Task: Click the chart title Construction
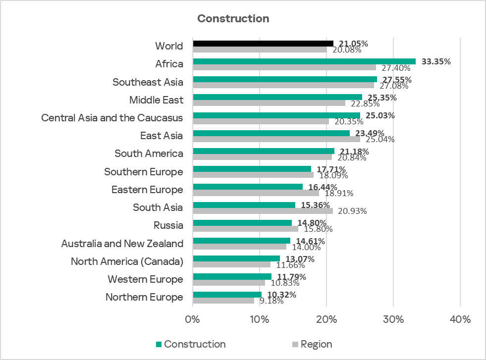tap(233, 19)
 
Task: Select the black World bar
tap(263, 44)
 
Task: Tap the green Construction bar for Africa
tap(304, 61)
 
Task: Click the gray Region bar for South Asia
tap(263, 211)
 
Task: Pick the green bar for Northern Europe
tap(227, 295)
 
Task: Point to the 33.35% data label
tap(436, 62)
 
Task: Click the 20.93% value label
tap(352, 211)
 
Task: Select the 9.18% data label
tap(271, 301)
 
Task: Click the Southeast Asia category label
tap(148, 82)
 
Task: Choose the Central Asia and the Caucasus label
tap(112, 118)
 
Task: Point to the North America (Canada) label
tap(127, 261)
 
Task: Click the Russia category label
tap(168, 225)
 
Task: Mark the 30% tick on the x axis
tap(393, 319)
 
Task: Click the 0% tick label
tap(193, 319)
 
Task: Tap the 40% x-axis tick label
tap(460, 319)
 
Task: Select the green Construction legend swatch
tap(159, 344)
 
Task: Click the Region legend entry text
tap(316, 344)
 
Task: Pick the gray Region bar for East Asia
tap(276, 139)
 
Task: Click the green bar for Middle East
tap(277, 97)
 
